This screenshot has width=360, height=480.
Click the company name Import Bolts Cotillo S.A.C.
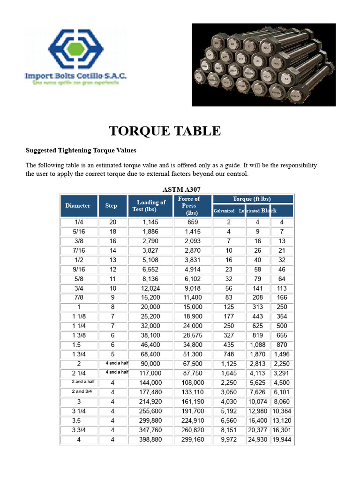pos(75,75)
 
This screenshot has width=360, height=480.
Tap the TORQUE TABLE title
pos(165,131)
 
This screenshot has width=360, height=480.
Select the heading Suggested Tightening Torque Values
pos(81,150)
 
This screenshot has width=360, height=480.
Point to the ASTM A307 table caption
pos(181,189)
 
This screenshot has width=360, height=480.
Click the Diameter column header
pos(78,206)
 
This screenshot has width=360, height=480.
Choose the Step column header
pos(111,206)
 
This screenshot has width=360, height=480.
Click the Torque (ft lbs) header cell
pos(252,199)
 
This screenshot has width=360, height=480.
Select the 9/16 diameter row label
pos(79,270)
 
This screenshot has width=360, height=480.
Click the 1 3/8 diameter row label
pos(79,335)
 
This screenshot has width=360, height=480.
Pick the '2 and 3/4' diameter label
pos(78,391)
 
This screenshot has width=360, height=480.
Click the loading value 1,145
pos(151,222)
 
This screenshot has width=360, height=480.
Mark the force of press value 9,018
pos(193,288)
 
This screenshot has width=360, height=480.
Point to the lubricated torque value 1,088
pos(258,345)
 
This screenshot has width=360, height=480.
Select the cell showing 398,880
pos(151,440)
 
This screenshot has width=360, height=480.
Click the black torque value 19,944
pos(282,440)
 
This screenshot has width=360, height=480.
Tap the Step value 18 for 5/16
pos(112,232)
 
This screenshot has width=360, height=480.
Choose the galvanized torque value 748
pos(229,354)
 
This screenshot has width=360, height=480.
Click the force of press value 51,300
pos(193,354)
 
